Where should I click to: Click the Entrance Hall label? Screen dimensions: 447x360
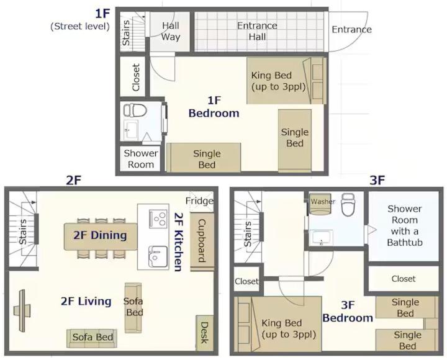pos(257,31)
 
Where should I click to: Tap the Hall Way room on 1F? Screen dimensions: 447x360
pos(170,32)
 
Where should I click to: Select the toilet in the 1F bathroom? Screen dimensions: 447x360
pos(135,110)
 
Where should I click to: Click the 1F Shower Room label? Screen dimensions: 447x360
pos(141,159)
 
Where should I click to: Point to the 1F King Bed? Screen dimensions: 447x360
pos(286,81)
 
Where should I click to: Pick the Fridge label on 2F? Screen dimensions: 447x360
pos(199,200)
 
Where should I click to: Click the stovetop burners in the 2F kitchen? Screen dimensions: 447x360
pos(158,218)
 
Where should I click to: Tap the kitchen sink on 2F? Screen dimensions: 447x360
pos(158,256)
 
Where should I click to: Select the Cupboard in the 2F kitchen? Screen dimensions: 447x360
pos(202,241)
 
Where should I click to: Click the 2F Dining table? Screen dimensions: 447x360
pos(101,236)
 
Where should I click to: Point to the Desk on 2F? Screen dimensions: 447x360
pos(205,333)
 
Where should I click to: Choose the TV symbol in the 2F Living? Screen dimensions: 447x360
pos(22,310)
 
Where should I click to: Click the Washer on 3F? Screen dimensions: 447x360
pos(320,204)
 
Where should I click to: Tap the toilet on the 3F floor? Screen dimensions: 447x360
pos(348,204)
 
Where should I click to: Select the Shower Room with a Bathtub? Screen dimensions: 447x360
pos(404,226)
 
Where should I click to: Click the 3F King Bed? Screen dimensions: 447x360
pos(279,325)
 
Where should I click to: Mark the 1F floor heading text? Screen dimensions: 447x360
pos(102,14)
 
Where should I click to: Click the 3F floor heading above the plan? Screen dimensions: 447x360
pos(377,180)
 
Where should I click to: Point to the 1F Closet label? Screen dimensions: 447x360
pos(136,77)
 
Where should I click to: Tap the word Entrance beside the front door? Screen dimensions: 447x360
pos(351,29)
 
